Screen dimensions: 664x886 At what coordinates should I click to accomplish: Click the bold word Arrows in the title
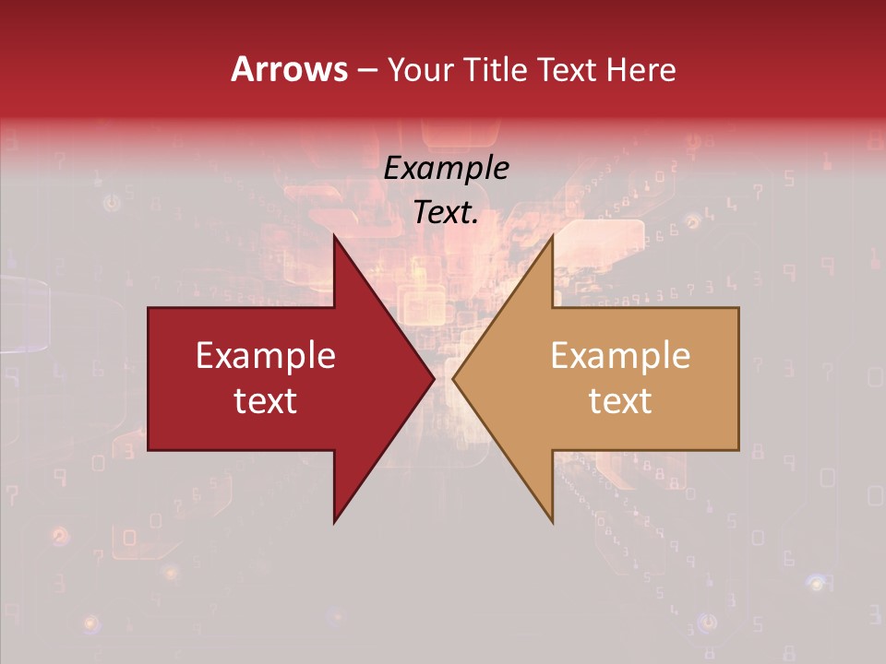click(x=289, y=69)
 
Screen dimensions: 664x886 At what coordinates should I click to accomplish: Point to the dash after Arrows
click(x=366, y=70)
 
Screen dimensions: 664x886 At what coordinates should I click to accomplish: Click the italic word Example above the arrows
click(x=447, y=169)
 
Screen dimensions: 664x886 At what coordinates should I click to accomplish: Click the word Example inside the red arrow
click(x=266, y=356)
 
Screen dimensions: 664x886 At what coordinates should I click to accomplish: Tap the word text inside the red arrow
click(x=266, y=400)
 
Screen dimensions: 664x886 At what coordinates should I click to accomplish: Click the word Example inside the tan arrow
click(x=620, y=356)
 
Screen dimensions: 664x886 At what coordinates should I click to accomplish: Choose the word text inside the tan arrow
click(x=620, y=400)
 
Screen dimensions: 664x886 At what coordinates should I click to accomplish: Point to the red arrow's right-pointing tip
click(x=435, y=379)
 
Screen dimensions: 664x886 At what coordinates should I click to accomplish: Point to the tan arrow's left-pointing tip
click(x=452, y=379)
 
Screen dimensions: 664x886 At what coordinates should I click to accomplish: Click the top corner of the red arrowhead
click(x=335, y=236)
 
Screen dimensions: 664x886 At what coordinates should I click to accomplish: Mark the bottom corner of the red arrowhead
click(x=335, y=522)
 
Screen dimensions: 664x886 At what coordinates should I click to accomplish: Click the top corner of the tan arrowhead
click(x=552, y=236)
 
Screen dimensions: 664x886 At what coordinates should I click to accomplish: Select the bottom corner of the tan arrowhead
click(x=552, y=522)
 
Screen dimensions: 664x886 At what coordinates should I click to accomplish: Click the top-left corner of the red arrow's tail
click(x=149, y=308)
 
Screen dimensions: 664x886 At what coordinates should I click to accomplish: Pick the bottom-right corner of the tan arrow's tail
click(x=738, y=450)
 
